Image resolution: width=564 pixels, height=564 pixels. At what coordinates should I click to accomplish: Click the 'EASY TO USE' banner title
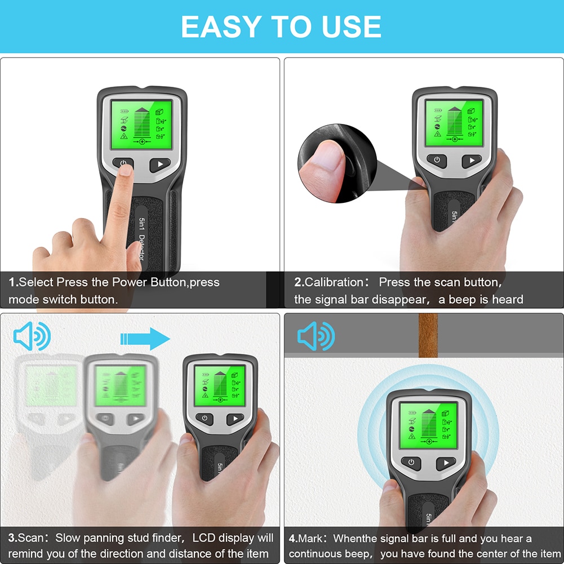click(x=281, y=26)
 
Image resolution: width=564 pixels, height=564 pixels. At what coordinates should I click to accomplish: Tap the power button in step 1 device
click(x=123, y=163)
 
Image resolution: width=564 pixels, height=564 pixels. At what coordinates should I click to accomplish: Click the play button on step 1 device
click(x=160, y=165)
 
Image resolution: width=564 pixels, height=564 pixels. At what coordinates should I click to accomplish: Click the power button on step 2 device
click(x=436, y=160)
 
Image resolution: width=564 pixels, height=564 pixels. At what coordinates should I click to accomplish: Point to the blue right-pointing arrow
click(x=145, y=339)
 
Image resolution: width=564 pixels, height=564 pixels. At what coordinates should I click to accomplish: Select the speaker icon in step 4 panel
click(x=316, y=337)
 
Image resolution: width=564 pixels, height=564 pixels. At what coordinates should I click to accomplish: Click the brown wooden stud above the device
click(x=428, y=335)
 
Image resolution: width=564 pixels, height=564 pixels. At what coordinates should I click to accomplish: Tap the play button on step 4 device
click(x=446, y=463)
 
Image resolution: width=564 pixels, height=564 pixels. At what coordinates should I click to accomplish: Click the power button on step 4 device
click(x=411, y=463)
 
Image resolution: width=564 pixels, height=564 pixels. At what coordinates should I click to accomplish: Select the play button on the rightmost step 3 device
click(x=235, y=420)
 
